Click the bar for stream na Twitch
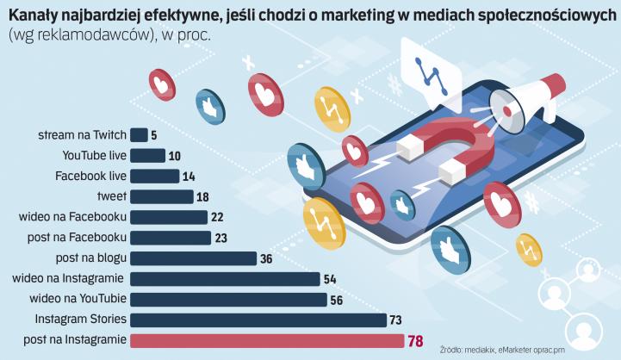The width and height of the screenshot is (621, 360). [139, 134]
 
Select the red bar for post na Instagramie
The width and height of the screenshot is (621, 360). [266, 340]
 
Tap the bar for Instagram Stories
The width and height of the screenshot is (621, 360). [258, 320]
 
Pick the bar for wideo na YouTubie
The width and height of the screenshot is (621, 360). [228, 300]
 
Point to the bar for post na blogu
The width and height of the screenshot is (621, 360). [194, 258]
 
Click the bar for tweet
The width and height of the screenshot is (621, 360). [162, 196]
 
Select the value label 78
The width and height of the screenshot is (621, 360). [415, 341]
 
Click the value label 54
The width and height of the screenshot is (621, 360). [329, 279]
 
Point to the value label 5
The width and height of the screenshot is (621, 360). [153, 135]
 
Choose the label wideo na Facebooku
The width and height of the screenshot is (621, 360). [73, 217]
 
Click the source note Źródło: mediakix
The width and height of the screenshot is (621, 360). [470, 350]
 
